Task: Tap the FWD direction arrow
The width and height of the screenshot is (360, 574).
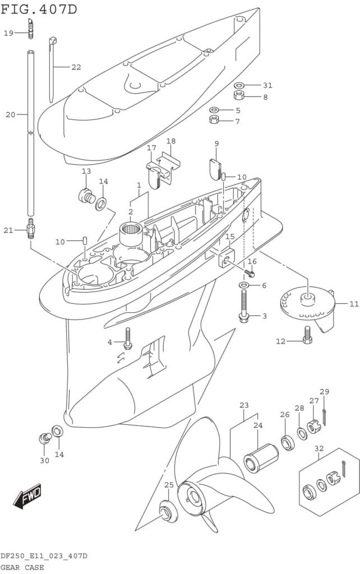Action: point(27,496)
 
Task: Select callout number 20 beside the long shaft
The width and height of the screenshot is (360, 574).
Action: point(11,115)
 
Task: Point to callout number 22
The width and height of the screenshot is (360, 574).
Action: point(76,67)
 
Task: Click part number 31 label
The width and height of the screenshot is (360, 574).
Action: point(267,85)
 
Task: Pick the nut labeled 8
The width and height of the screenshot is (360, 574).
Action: point(239,95)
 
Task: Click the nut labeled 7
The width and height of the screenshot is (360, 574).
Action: point(214,120)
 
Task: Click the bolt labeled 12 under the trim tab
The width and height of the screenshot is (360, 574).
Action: point(307,335)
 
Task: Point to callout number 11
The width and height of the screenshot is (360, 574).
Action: point(353,304)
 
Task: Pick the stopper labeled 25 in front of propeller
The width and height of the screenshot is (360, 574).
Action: point(167,511)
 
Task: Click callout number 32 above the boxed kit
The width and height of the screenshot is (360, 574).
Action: point(319,448)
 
